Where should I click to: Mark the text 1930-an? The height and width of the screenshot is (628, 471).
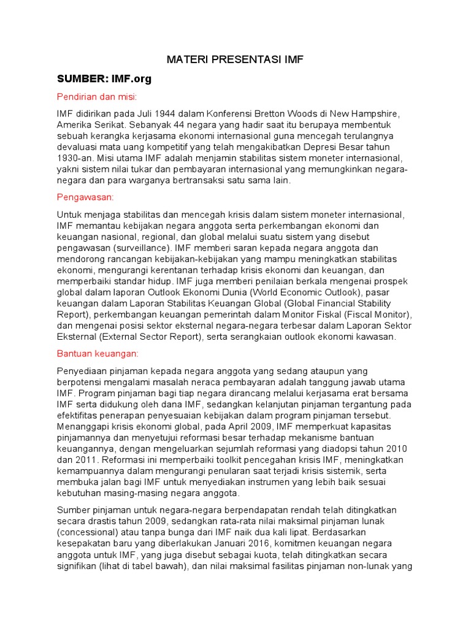[x=75, y=158]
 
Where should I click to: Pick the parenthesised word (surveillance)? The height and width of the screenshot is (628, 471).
[x=142, y=248]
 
